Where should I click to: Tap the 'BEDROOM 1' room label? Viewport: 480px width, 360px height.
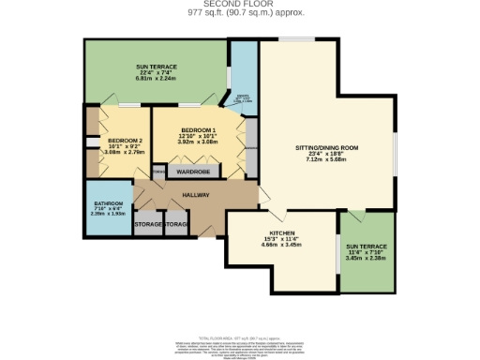click(198, 129)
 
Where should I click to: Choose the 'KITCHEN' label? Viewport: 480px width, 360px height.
click(282, 232)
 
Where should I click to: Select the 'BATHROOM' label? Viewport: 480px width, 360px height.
click(109, 203)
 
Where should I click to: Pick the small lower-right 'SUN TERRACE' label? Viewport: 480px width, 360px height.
click(366, 246)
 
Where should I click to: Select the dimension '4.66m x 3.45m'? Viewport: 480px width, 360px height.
click(282, 244)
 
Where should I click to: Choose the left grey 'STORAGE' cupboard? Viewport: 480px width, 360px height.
click(149, 225)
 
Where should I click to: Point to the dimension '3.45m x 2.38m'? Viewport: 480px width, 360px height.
click(366, 258)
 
